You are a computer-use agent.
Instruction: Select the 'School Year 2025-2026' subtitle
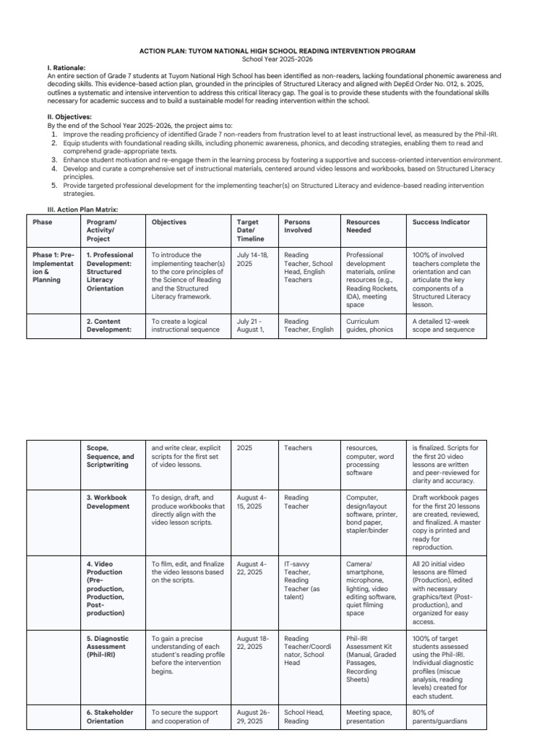click(x=277, y=59)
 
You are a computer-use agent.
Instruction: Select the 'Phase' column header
click(x=42, y=222)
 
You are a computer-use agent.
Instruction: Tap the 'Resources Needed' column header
click(x=363, y=226)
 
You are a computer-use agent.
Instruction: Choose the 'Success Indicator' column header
click(x=441, y=222)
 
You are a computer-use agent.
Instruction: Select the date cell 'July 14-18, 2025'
click(x=251, y=259)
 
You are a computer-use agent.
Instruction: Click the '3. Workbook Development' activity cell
click(x=107, y=502)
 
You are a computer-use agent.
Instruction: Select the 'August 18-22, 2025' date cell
click(x=251, y=642)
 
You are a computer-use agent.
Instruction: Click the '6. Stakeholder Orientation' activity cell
click(x=110, y=716)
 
